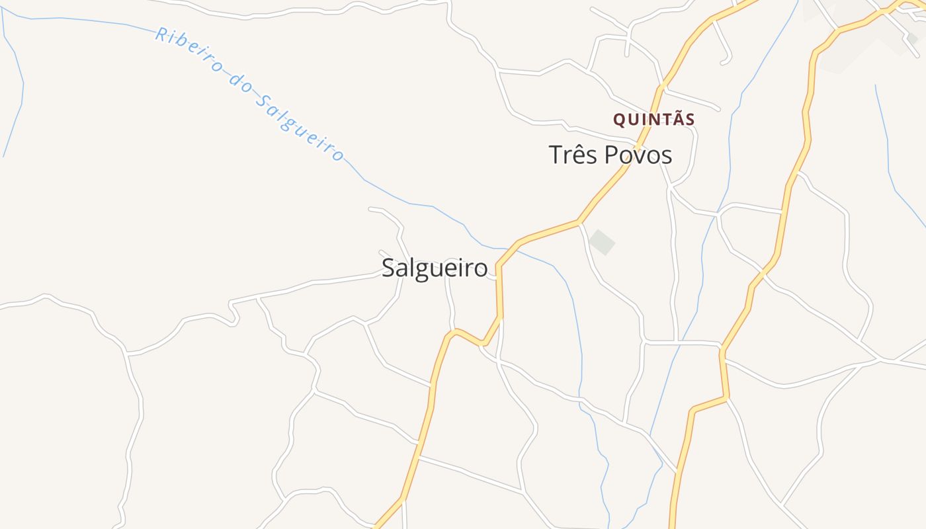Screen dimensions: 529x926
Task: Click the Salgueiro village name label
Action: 435,268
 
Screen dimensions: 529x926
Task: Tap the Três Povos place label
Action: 610,155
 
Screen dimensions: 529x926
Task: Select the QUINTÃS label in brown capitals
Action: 653,120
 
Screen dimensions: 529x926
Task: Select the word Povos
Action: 638,155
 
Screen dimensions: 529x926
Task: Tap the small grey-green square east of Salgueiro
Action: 602,242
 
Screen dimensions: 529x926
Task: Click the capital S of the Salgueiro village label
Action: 389,268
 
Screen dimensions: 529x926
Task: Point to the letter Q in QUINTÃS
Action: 619,120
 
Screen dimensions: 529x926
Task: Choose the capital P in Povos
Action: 609,155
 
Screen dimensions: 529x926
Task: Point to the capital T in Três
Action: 556,155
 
